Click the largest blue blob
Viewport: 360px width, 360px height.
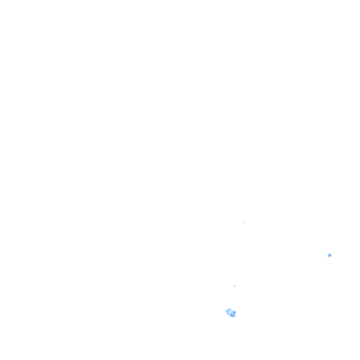coord(231,313)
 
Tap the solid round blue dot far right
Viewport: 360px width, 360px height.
coord(330,255)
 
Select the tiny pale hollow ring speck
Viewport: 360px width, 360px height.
coord(234,286)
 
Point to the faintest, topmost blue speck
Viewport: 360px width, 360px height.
coord(243,223)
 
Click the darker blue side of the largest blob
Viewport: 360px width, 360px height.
coord(233,314)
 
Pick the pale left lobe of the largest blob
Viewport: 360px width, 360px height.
coord(227,311)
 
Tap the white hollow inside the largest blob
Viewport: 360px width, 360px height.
coord(230,312)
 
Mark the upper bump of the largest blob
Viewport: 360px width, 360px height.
coord(230,309)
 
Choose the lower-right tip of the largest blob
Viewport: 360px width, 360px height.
coord(233,316)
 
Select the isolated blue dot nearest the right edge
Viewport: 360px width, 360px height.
coord(330,255)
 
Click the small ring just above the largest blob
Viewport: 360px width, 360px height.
coord(234,286)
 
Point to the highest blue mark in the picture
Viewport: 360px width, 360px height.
coord(243,223)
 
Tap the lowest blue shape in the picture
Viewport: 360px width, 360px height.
coord(231,314)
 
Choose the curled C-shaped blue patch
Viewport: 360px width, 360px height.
coord(230,313)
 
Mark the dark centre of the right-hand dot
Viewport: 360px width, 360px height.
coord(330,255)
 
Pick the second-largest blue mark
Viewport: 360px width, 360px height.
coord(330,255)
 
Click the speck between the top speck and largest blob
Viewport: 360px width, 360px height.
coord(234,286)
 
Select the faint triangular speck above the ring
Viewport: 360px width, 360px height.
coord(243,223)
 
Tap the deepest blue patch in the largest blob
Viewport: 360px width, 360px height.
coord(233,314)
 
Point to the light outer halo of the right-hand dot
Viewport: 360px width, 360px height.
coord(331,255)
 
